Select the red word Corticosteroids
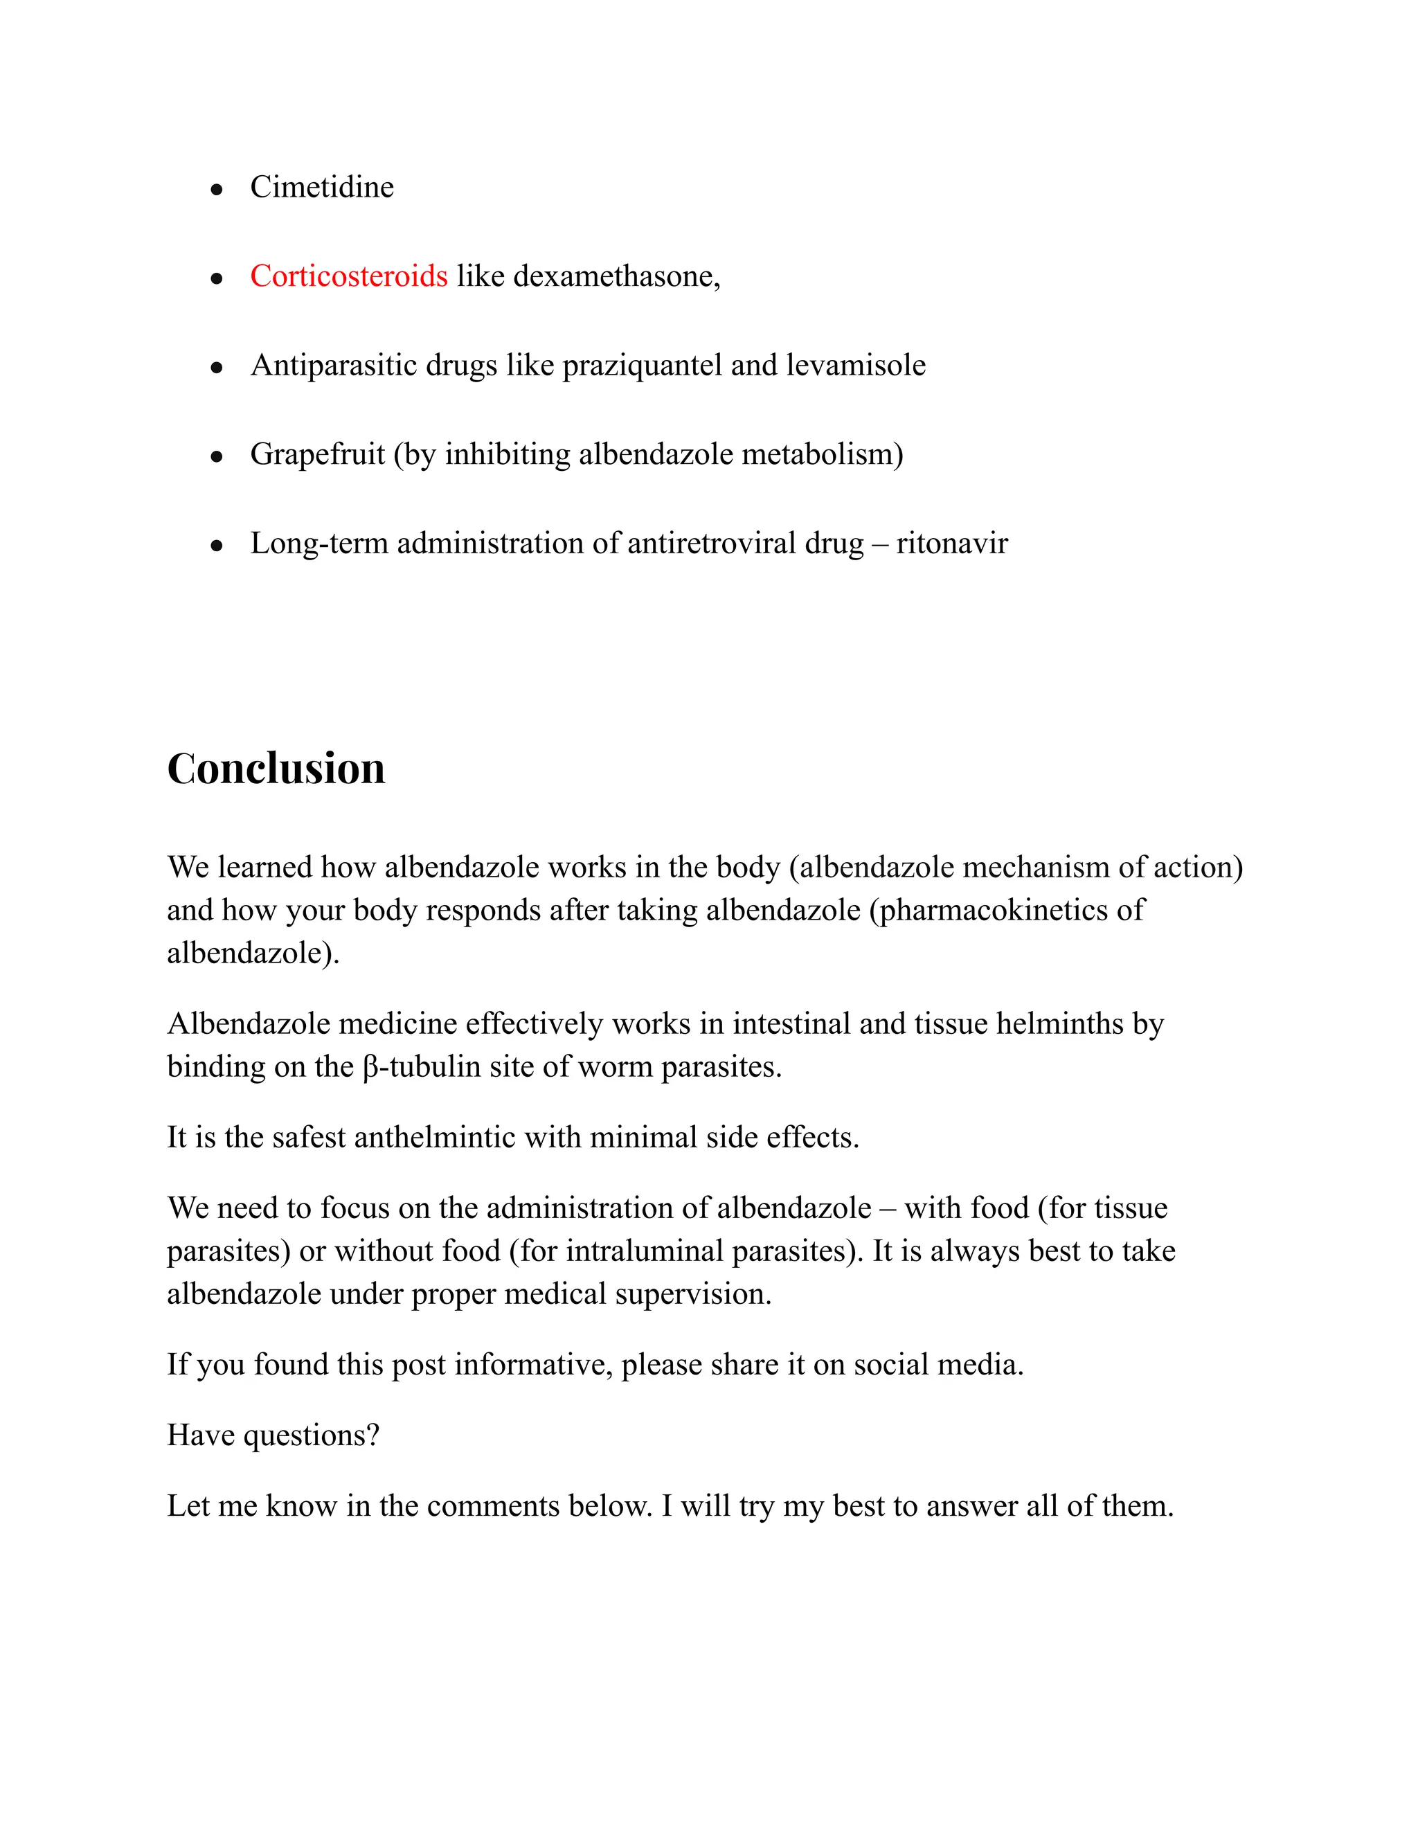point(349,276)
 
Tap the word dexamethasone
point(615,276)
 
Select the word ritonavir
point(952,544)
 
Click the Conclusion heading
point(276,769)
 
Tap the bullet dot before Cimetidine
point(217,190)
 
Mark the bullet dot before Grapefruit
point(217,457)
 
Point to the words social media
point(937,1365)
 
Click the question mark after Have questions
point(374,1435)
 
